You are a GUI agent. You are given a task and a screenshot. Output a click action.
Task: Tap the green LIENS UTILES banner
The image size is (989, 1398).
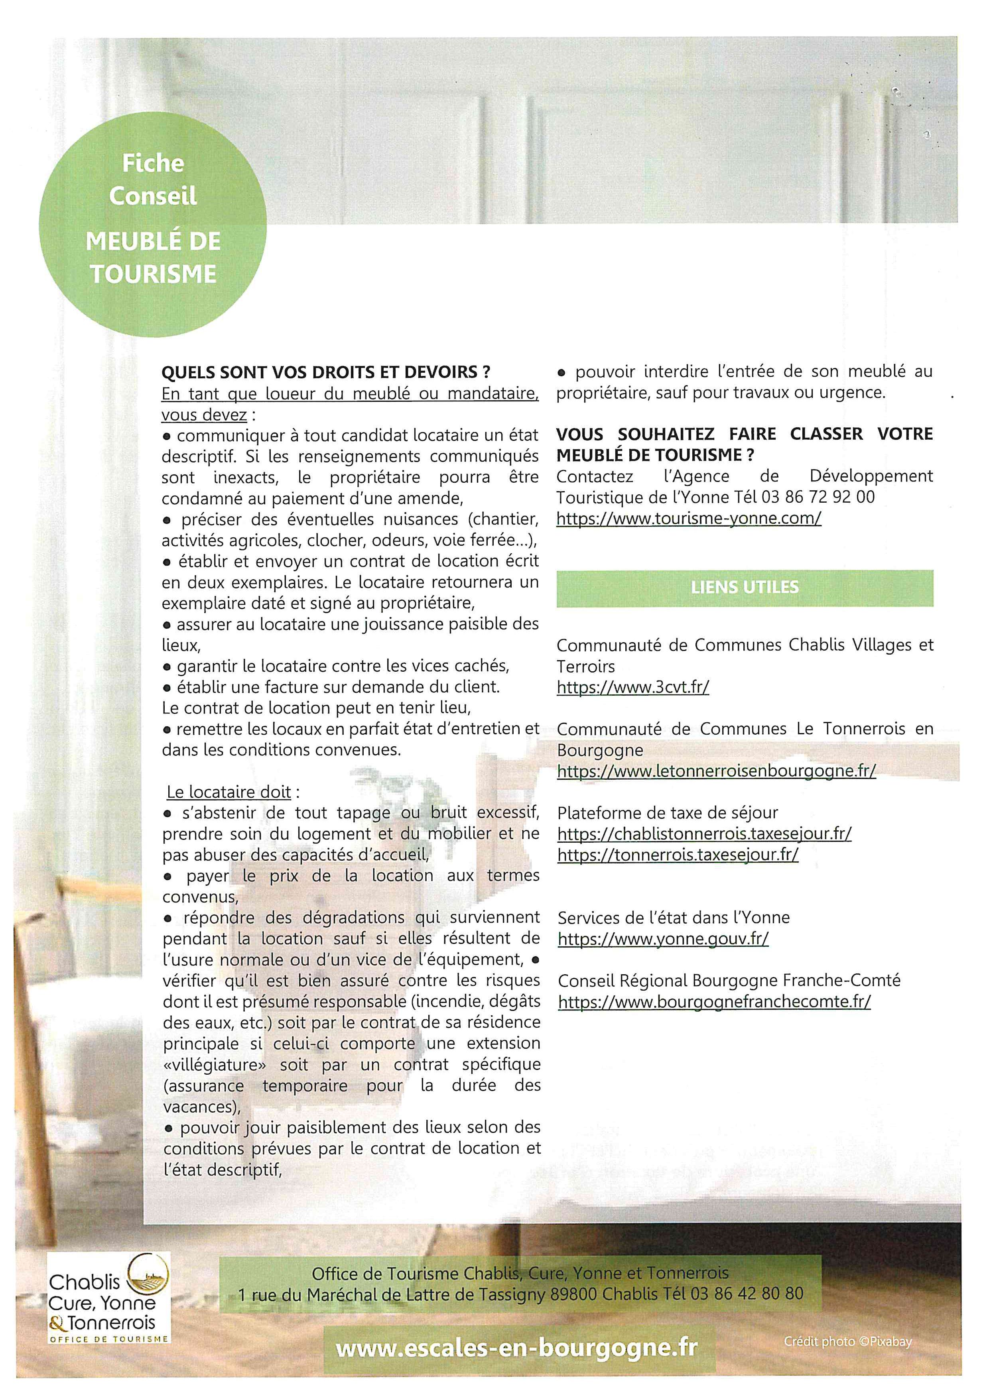tap(744, 588)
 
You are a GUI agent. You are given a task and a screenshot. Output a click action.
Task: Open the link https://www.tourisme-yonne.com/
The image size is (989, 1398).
tap(689, 518)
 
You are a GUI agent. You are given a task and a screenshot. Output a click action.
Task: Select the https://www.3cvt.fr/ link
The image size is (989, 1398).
tap(633, 687)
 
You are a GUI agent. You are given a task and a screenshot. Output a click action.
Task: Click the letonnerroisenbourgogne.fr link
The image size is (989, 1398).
tap(716, 771)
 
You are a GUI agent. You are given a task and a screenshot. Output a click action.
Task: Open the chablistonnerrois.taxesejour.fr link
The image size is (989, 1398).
tap(704, 834)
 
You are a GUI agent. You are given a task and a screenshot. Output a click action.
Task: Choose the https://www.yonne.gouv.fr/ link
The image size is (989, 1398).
tap(663, 938)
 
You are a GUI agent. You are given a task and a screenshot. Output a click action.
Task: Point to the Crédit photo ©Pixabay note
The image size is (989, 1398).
tap(848, 1341)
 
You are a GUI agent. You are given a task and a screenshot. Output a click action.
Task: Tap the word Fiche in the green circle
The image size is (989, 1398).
tap(153, 163)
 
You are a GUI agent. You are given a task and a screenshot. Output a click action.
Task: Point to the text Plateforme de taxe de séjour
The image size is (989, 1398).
tap(668, 813)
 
